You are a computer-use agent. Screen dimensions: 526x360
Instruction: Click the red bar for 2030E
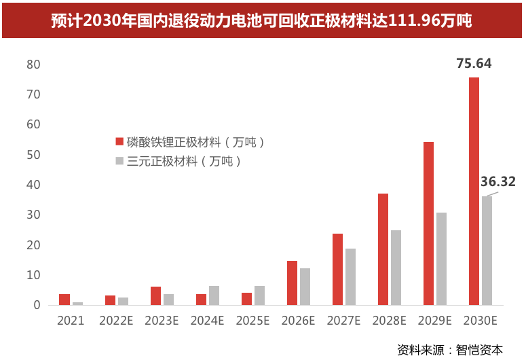coord(474,191)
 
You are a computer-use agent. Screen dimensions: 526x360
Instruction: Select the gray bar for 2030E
coord(487,251)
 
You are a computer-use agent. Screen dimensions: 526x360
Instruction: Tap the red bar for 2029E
coord(428,223)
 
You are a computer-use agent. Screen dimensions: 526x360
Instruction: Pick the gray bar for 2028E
coord(396,268)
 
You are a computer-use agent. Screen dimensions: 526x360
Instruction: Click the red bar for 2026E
coord(293,283)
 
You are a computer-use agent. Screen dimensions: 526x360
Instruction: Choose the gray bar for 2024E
coord(214,295)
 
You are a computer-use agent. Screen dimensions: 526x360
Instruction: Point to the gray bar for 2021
coord(77,304)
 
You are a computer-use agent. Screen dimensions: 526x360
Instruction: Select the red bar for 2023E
coord(155,296)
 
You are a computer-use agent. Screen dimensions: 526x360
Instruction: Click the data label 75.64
coord(474,63)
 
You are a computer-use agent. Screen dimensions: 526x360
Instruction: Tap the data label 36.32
coord(497,181)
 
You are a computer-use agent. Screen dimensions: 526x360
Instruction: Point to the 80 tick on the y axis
coord(33,65)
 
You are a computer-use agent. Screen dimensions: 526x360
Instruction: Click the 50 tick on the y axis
coord(33,155)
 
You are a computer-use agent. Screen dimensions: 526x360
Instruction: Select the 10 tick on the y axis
coord(33,275)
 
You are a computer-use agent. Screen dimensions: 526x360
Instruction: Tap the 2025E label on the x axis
coord(252,321)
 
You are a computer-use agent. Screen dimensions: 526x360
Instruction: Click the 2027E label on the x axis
coord(343,321)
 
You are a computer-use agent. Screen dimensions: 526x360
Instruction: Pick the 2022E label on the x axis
coord(116,321)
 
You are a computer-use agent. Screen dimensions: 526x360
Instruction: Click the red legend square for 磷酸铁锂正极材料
coord(119,141)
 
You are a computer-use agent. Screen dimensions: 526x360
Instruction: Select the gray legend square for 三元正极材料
coord(119,160)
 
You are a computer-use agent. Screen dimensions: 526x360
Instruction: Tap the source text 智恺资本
coord(479,350)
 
